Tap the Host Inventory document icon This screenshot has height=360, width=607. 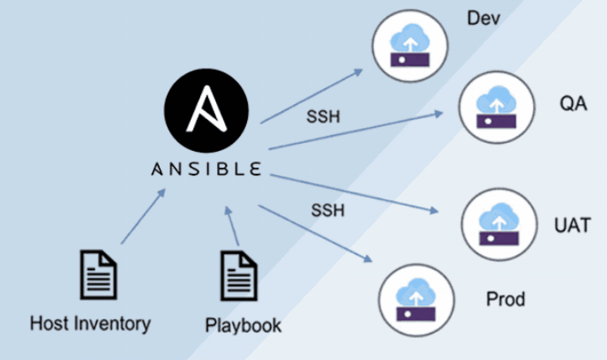click(98, 276)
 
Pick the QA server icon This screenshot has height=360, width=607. click(496, 107)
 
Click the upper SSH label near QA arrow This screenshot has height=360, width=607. click(323, 116)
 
